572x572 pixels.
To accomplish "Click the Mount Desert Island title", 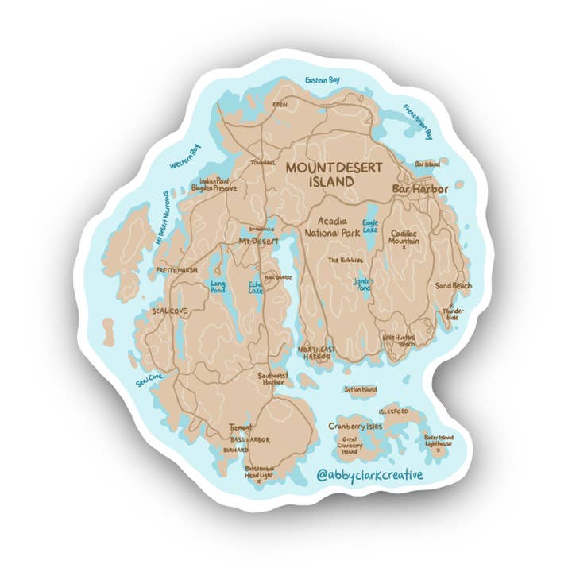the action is pyautogui.click(x=333, y=174).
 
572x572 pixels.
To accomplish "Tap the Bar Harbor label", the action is pyautogui.click(x=421, y=189).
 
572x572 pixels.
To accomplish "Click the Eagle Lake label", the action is pyautogui.click(x=370, y=226).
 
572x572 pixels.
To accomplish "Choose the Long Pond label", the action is pyautogui.click(x=217, y=286).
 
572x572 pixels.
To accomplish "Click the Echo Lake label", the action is pyautogui.click(x=256, y=287).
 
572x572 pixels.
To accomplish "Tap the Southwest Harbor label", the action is pyautogui.click(x=272, y=378).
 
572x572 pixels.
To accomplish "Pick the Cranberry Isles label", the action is pyautogui.click(x=355, y=427).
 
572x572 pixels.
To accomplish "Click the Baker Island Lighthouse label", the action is pyautogui.click(x=438, y=440).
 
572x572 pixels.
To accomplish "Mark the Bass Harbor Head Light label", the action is pyautogui.click(x=259, y=472).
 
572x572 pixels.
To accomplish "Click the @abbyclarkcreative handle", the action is pyautogui.click(x=369, y=474).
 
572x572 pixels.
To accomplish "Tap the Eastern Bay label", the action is pyautogui.click(x=323, y=80).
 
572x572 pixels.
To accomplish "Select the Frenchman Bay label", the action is pyautogui.click(x=417, y=122).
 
